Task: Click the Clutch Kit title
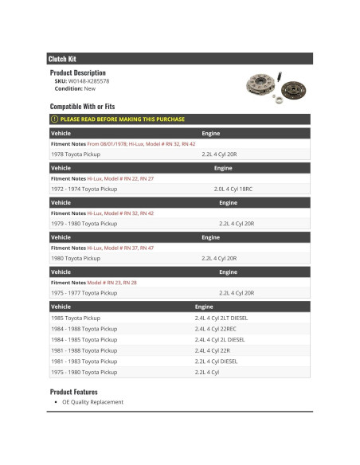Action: click(x=62, y=59)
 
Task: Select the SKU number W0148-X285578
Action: click(x=89, y=80)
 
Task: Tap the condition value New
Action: click(x=89, y=88)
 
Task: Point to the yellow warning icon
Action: click(x=54, y=119)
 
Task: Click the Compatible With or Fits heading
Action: click(x=82, y=106)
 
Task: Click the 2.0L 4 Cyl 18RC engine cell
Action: click(x=233, y=189)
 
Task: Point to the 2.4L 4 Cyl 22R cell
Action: click(x=213, y=350)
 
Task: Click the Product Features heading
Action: click(x=74, y=392)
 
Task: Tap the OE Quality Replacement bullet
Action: click(x=92, y=402)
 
